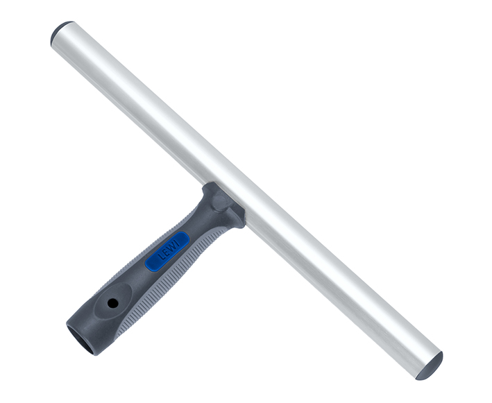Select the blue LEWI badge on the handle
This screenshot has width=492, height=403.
click(167, 251)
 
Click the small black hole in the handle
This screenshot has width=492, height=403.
click(112, 302)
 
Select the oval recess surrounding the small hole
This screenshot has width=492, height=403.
click(113, 301)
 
